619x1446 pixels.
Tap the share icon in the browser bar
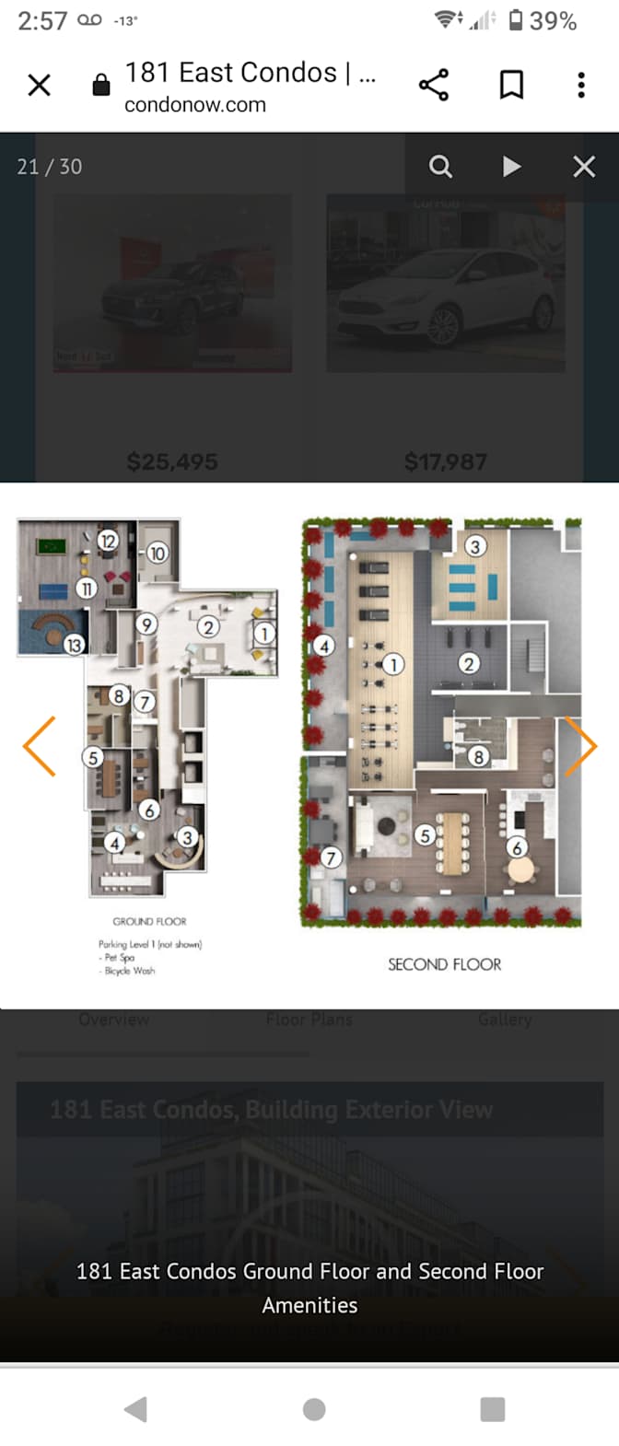[434, 85]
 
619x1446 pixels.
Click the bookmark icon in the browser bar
[511, 85]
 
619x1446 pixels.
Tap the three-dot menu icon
[581, 85]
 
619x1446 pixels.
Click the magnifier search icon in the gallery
[440, 167]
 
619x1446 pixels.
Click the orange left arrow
[40, 746]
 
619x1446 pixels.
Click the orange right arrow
[580, 746]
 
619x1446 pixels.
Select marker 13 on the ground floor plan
[74, 645]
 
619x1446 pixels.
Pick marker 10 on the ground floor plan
[157, 554]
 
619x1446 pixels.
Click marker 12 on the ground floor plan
[108, 541]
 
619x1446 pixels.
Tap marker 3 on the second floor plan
[475, 546]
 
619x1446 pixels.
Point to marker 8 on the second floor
[478, 757]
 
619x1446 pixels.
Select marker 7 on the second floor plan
[331, 857]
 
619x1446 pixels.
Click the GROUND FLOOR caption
[149, 921]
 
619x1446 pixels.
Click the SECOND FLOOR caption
[444, 964]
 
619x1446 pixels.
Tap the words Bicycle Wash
[130, 971]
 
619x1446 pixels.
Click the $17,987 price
[445, 461]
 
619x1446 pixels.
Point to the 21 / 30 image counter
[50, 167]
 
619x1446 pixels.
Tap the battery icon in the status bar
[516, 20]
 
